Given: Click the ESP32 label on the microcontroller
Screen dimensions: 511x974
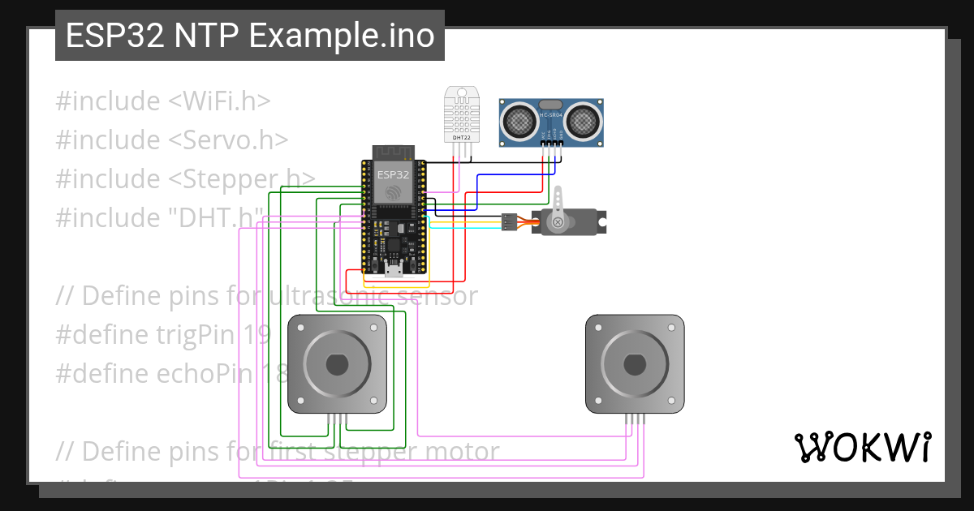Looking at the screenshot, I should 393,173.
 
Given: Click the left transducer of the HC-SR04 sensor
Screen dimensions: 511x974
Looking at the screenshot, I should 518,121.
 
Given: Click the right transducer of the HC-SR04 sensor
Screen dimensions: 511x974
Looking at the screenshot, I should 582,121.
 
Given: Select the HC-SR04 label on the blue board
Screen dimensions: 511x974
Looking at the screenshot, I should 550,115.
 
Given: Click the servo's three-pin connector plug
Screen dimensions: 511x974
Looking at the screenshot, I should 508,221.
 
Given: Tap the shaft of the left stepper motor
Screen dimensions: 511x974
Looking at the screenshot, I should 337,364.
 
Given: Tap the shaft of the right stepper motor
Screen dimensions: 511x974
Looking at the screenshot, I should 635,364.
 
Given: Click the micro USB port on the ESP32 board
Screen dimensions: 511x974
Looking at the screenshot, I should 393,272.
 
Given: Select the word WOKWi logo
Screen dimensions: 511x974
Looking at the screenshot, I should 861,447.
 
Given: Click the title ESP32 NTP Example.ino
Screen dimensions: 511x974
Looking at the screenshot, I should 250,36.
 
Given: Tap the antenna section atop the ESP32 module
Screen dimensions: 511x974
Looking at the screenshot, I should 393,152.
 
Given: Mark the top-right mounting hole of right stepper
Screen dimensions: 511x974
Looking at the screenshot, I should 671,327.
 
